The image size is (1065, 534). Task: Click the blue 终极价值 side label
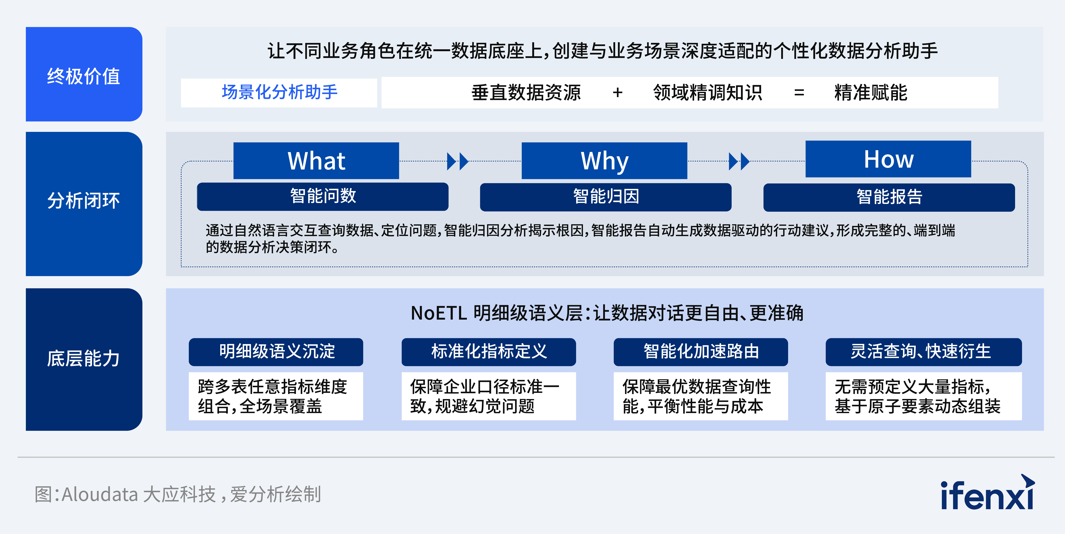pyautogui.click(x=84, y=74)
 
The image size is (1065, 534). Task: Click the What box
pyautogui.click(x=316, y=161)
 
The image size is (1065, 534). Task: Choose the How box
pyautogui.click(x=888, y=159)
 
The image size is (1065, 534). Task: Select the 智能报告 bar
pyautogui.click(x=889, y=197)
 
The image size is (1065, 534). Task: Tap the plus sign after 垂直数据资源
pyautogui.click(x=618, y=93)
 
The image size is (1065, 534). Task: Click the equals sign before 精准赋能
pyautogui.click(x=799, y=93)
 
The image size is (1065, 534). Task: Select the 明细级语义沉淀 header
pyautogui.click(x=276, y=351)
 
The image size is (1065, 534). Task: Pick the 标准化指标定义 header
pyautogui.click(x=489, y=351)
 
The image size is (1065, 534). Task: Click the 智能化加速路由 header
pyautogui.click(x=701, y=351)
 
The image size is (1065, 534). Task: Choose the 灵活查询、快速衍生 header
pyautogui.click(x=923, y=351)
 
